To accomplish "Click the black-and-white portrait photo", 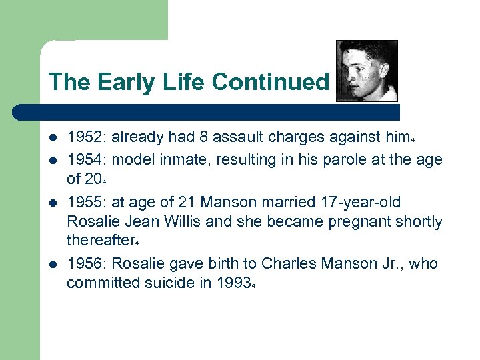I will (x=367, y=71).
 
